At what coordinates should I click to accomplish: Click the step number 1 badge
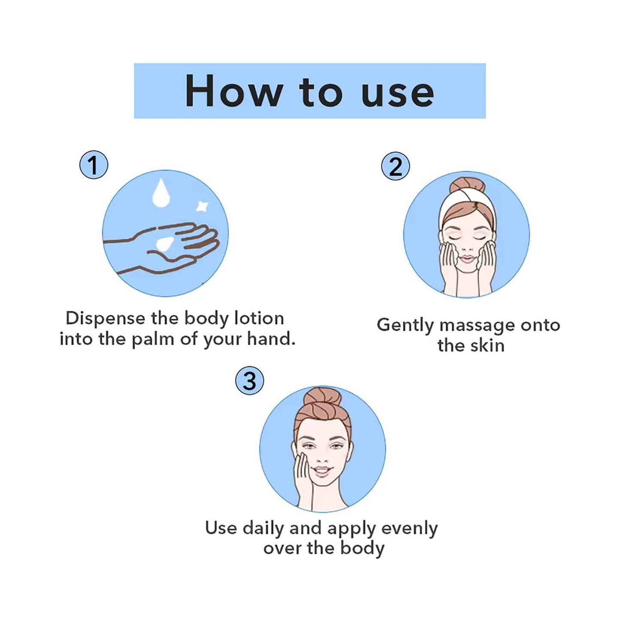click(x=94, y=165)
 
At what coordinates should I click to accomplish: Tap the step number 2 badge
click(x=395, y=166)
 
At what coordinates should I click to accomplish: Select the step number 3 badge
click(x=249, y=381)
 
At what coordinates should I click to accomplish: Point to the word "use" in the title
click(x=397, y=93)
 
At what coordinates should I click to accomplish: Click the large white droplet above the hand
click(x=161, y=194)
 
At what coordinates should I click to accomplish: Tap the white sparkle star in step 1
click(x=202, y=206)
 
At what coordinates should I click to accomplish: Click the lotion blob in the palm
click(x=164, y=244)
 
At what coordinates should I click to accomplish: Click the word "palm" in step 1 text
click(x=153, y=339)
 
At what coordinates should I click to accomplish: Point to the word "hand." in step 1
click(x=271, y=339)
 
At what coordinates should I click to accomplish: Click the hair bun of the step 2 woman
click(x=467, y=186)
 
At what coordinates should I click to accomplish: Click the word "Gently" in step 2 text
click(x=405, y=325)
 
